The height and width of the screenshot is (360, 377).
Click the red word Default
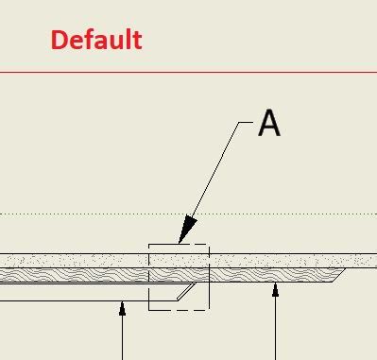[x=96, y=40]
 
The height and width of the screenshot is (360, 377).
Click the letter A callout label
[x=269, y=123]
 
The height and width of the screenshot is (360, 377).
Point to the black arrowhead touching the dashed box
[x=186, y=230]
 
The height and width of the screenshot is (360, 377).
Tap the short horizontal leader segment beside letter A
[x=245, y=123]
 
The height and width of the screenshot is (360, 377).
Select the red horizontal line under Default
[x=189, y=72]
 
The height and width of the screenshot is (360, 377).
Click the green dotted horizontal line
[x=94, y=214]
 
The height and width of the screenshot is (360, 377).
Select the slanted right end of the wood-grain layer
[x=340, y=275]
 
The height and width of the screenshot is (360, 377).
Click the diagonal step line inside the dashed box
[x=187, y=290]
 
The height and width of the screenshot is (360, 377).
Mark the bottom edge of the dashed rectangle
[x=179, y=309]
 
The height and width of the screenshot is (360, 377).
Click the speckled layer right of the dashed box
[x=283, y=260]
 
